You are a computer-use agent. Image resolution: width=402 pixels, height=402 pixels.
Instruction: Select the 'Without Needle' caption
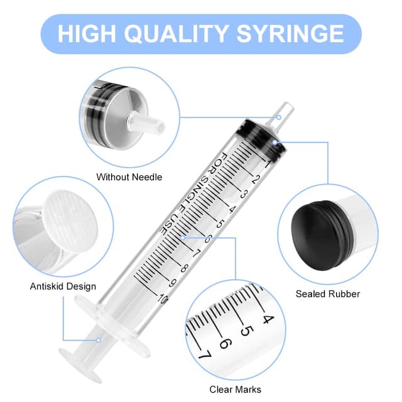(129, 177)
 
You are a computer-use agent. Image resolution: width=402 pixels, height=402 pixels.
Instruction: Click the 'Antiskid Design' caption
(63, 286)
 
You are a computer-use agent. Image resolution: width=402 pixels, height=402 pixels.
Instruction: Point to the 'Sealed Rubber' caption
(328, 293)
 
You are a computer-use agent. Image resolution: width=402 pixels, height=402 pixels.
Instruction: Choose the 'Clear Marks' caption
(236, 389)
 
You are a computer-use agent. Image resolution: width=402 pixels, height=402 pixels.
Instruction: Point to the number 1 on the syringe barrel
(268, 165)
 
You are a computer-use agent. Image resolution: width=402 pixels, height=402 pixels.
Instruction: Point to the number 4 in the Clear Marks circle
(267, 318)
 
